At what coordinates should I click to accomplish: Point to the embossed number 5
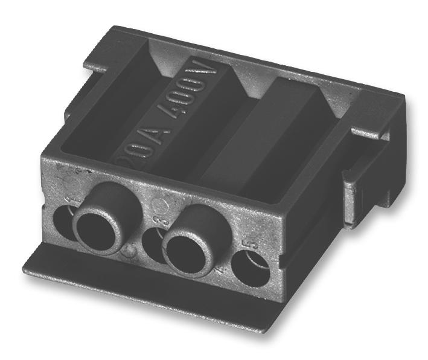coord(252,246)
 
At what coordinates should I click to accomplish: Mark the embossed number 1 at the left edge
coord(72,199)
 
